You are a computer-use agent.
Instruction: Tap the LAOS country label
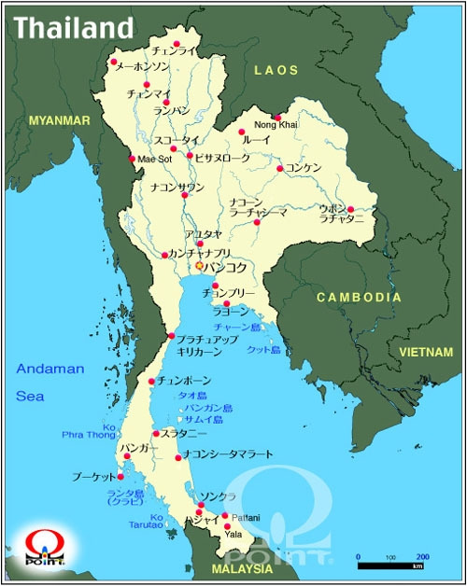(276, 70)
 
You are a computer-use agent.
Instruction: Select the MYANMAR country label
(59, 120)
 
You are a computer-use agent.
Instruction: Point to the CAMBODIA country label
(359, 298)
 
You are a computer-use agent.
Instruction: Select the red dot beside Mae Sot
(132, 158)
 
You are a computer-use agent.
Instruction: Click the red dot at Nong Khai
(277, 118)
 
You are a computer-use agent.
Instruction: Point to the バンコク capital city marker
(199, 266)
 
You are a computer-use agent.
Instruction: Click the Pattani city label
(246, 517)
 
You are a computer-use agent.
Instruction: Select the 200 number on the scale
(422, 556)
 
